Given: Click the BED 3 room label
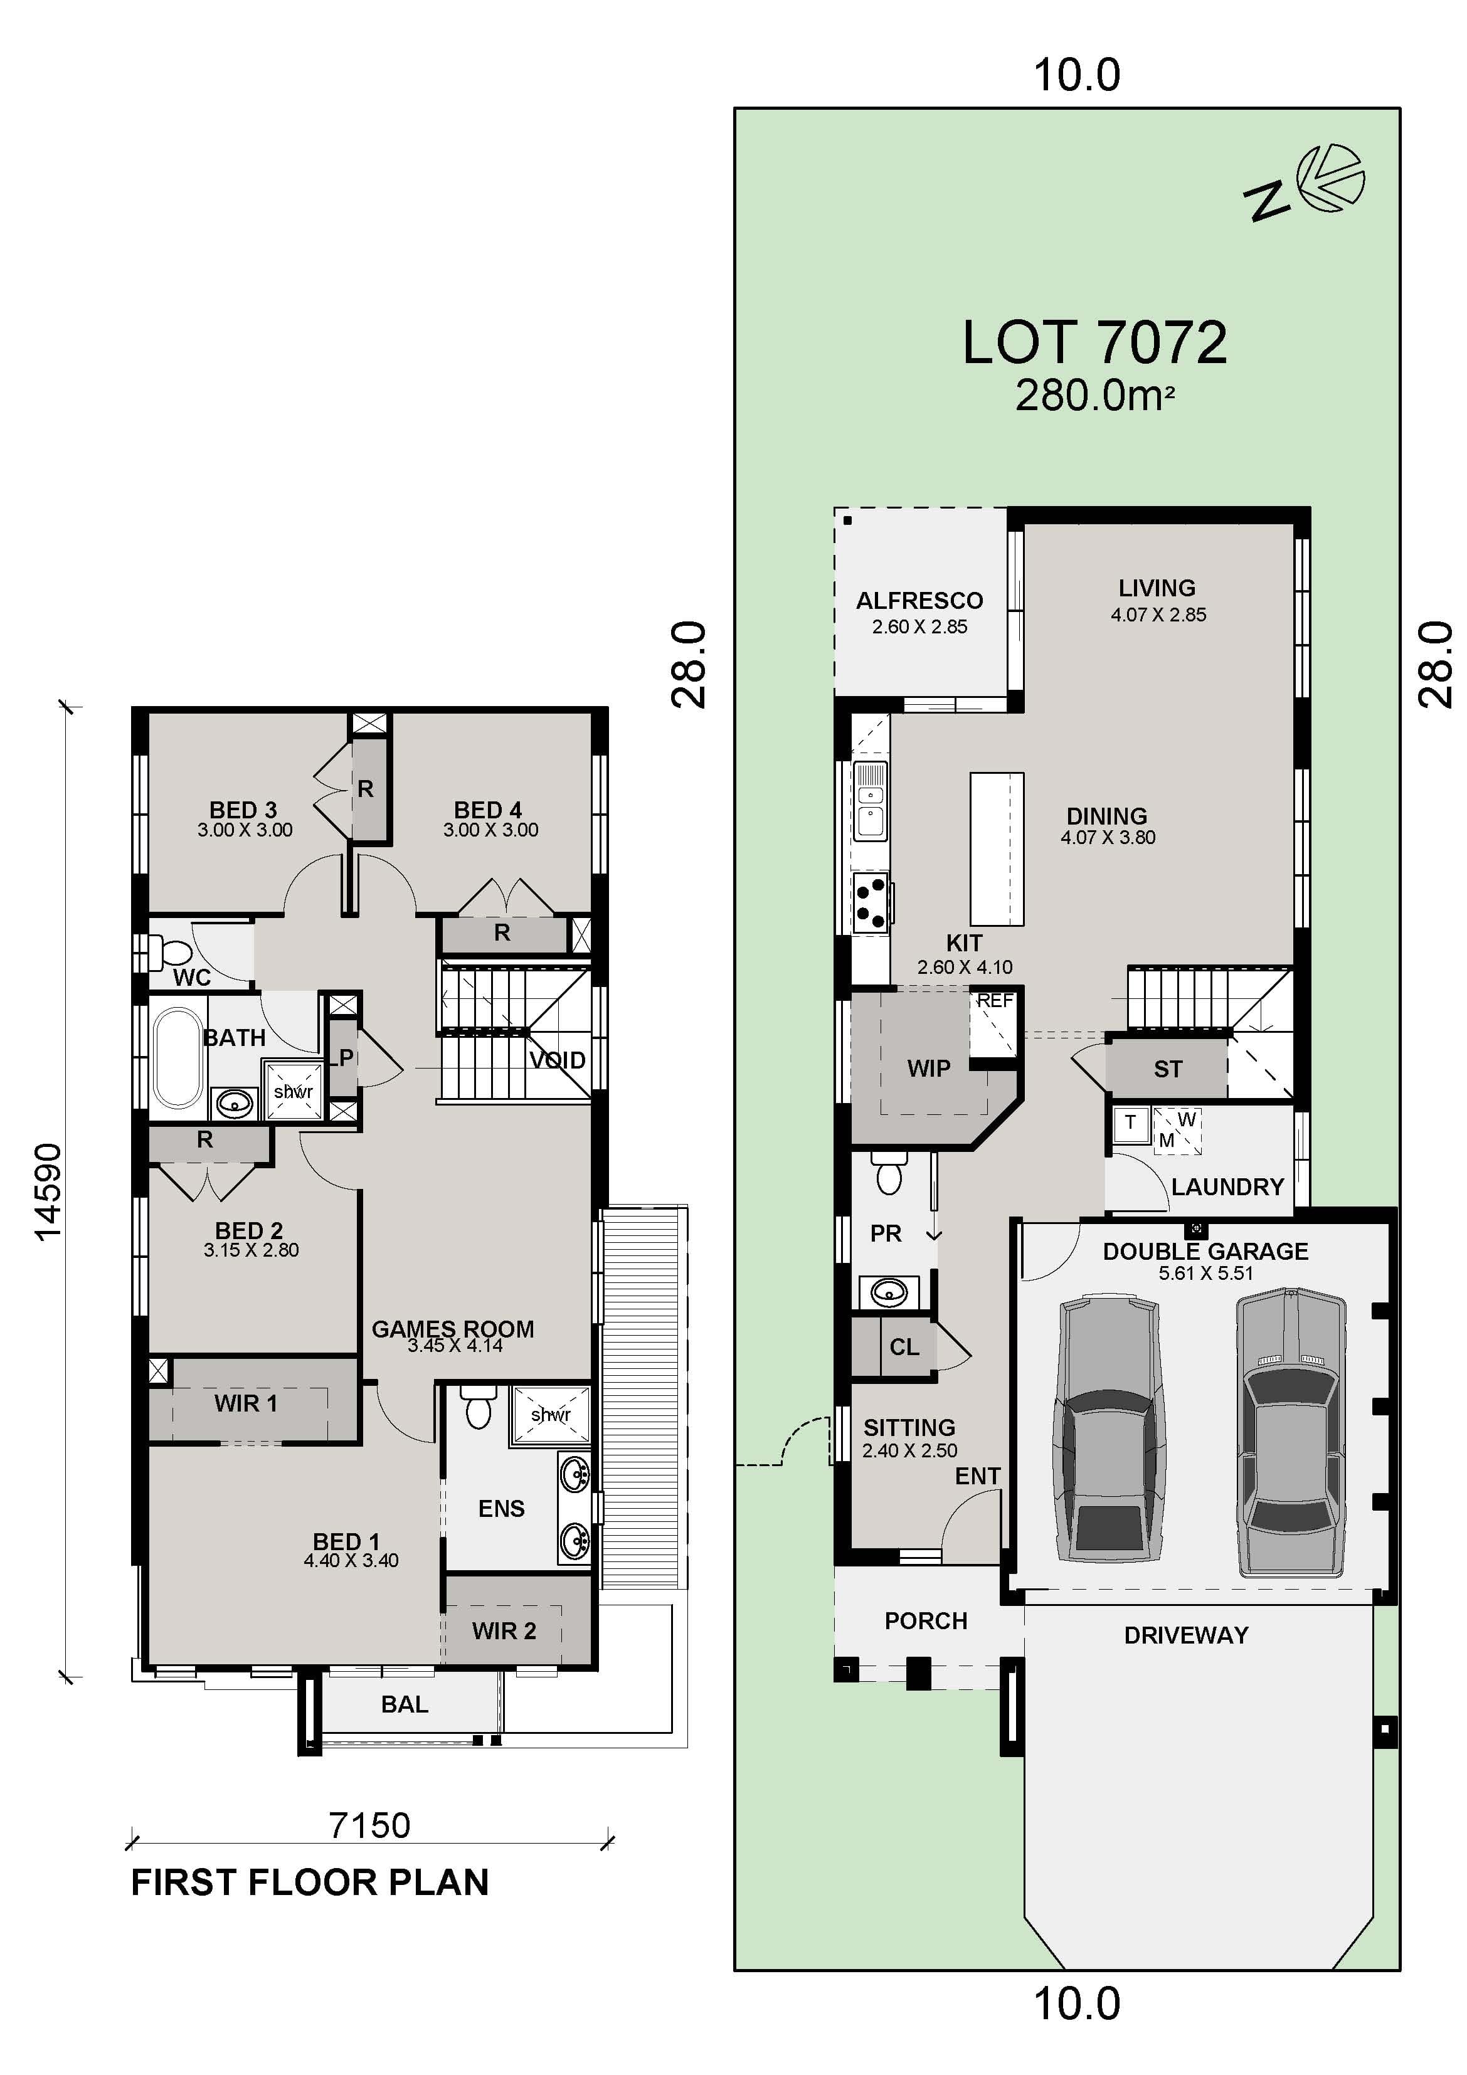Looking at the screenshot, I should pos(243,810).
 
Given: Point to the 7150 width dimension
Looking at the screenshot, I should pos(369,1825).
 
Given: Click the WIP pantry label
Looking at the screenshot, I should pos(928,1069).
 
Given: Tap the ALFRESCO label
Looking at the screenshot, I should pos(919,601).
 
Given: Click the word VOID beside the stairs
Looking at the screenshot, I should pos(557,1060).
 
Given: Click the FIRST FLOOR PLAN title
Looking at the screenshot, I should pos(309,1882).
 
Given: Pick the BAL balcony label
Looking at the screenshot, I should pos(404,1704).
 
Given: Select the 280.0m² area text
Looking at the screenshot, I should pos(1094,396).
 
